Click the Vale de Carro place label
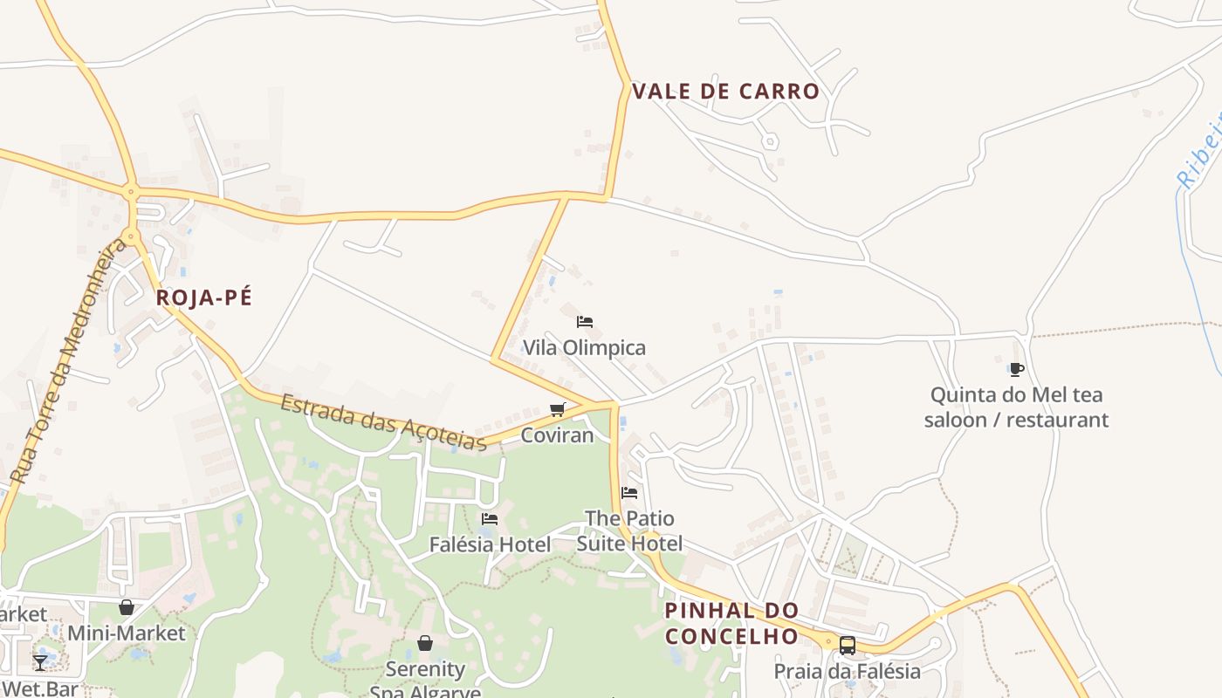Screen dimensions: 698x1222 pyautogui.click(x=725, y=92)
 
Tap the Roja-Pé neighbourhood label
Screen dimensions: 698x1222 pyautogui.click(x=204, y=298)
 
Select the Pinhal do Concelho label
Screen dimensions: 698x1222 pyautogui.click(x=731, y=623)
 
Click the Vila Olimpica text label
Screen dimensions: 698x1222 pyautogui.click(x=584, y=347)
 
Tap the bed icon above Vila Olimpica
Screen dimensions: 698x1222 pyautogui.click(x=585, y=322)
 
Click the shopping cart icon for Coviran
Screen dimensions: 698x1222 pyautogui.click(x=557, y=409)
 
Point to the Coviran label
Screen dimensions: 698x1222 pyautogui.click(x=557, y=435)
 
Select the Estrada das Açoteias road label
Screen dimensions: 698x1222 pyautogui.click(x=383, y=422)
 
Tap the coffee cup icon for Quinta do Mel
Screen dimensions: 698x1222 pyautogui.click(x=1016, y=369)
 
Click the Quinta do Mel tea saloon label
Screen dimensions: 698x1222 pyautogui.click(x=1016, y=407)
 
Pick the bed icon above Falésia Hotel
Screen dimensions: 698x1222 pyautogui.click(x=490, y=519)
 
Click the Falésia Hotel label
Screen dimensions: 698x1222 pyautogui.click(x=490, y=544)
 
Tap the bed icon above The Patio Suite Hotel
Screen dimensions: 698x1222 pyautogui.click(x=629, y=493)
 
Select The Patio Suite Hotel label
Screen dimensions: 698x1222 pyautogui.click(x=629, y=530)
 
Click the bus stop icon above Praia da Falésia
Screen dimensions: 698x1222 pyautogui.click(x=847, y=646)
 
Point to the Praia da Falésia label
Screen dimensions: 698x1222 pyautogui.click(x=847, y=671)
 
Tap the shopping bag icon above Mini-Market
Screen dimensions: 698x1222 pyautogui.click(x=127, y=607)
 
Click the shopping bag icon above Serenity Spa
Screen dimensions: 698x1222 pyautogui.click(x=424, y=643)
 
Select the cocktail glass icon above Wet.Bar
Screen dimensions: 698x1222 pyautogui.click(x=40, y=662)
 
